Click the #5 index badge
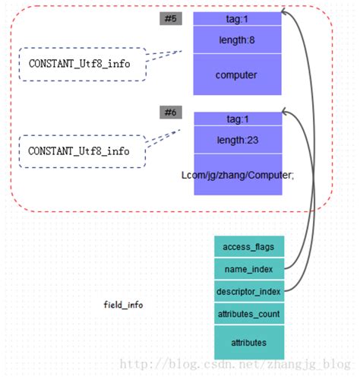[170, 18]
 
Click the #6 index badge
[170, 112]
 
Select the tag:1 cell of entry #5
[237, 18]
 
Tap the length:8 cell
[237, 40]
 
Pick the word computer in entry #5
[236, 75]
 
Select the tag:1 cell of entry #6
[237, 119]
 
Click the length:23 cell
[237, 139]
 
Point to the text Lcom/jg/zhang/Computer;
[237, 175]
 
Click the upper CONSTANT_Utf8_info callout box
[79, 64]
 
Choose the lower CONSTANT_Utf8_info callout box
[79, 151]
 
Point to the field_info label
[123, 305]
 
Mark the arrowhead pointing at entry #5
[285, 12]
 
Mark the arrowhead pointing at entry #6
[286, 112]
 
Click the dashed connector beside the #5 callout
[163, 56]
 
